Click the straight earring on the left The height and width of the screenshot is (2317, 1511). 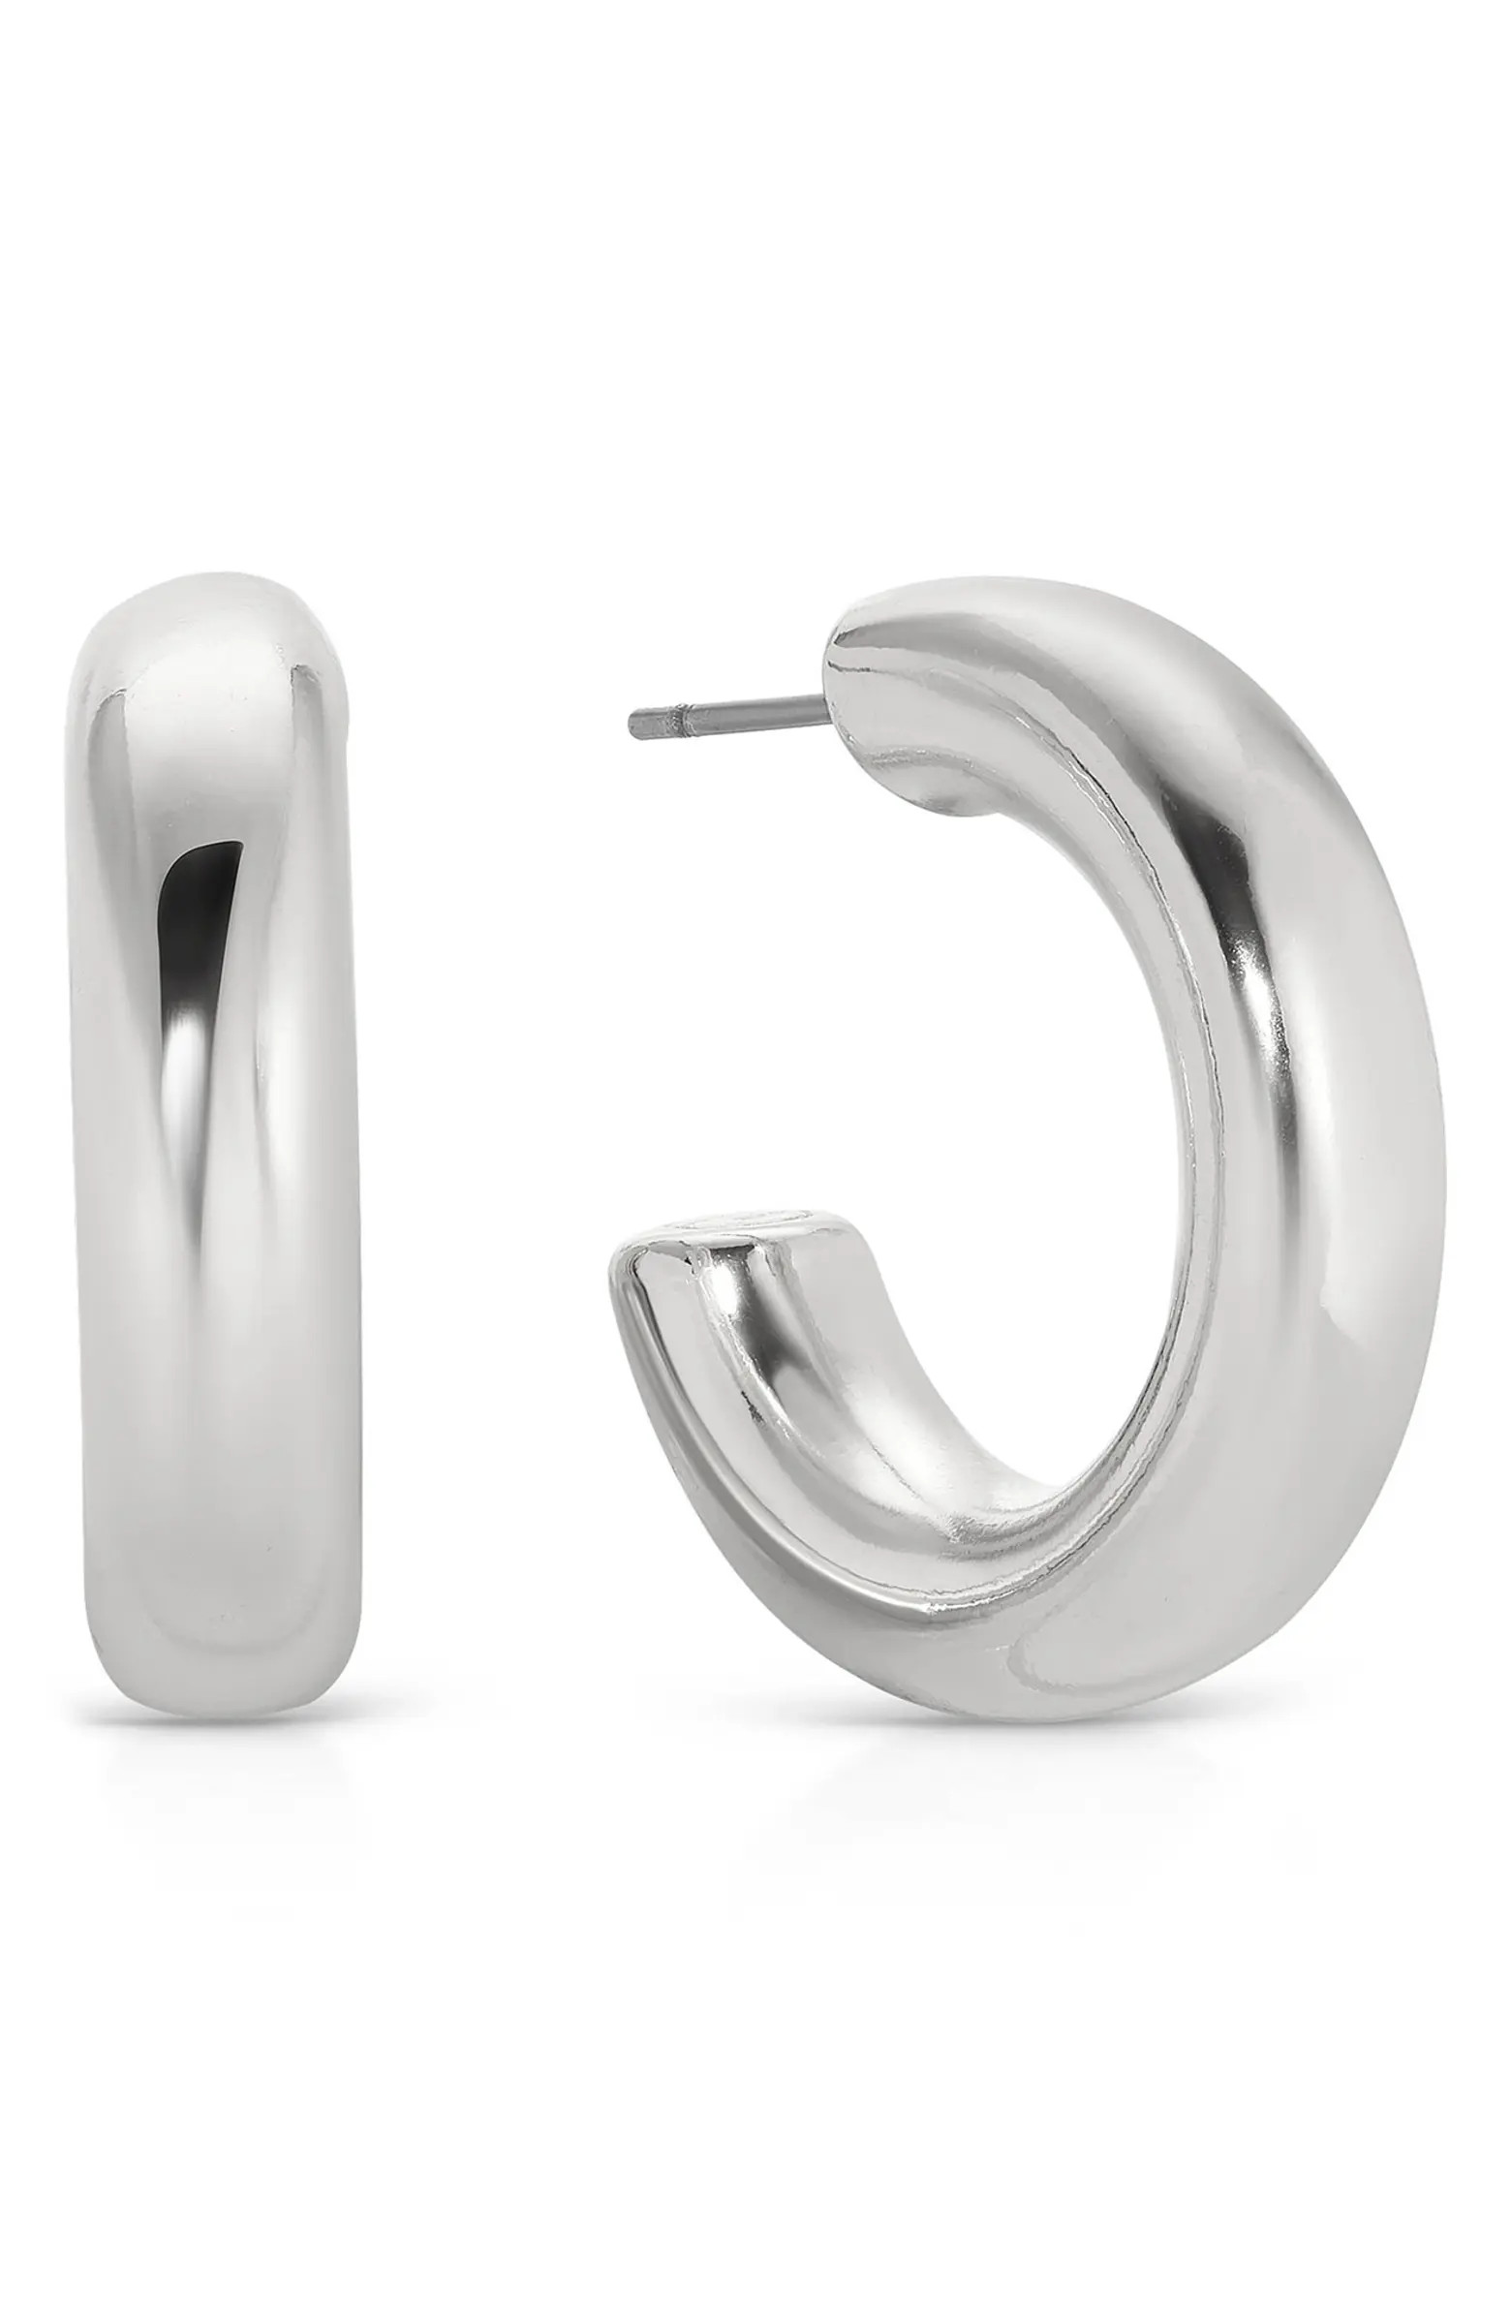coord(214,1120)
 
